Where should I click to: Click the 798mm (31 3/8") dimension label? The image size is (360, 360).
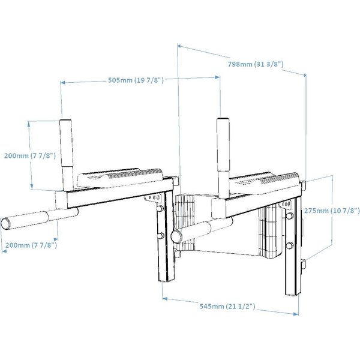pyautogui.click(x=256, y=64)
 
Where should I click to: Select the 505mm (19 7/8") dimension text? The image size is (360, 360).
pyautogui.click(x=136, y=80)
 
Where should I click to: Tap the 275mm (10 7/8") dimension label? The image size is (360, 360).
pyautogui.click(x=332, y=211)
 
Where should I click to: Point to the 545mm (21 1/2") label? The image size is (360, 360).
pyautogui.click(x=227, y=306)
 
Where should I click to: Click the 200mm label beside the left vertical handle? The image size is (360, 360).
pyautogui.click(x=30, y=155)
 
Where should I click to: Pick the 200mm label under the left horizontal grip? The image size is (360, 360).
pyautogui.click(x=31, y=245)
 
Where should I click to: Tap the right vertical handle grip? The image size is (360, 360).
pyautogui.click(x=223, y=145)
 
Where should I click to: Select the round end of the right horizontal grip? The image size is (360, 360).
pyautogui.click(x=176, y=236)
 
